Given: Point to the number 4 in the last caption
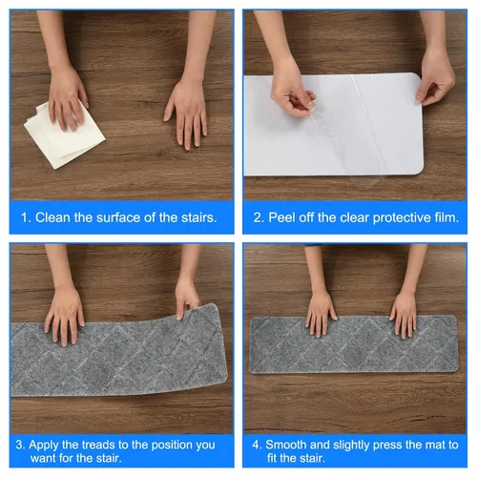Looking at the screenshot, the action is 256,445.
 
